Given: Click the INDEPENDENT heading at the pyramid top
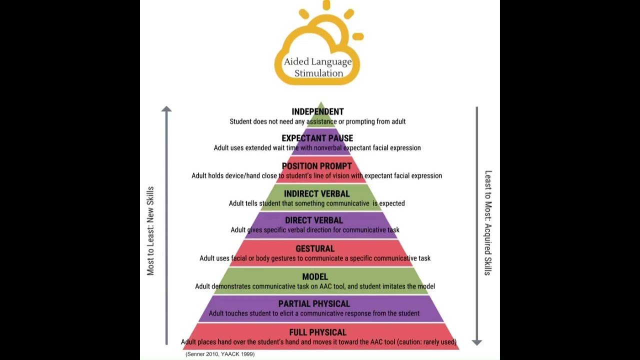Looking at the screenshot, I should (x=317, y=111).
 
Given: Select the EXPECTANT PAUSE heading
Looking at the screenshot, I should (x=317, y=138).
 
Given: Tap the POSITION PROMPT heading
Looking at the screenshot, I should (x=316, y=166).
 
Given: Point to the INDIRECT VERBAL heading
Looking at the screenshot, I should (x=316, y=193).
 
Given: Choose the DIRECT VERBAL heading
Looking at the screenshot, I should (x=314, y=220).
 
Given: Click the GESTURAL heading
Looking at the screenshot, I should (x=315, y=248).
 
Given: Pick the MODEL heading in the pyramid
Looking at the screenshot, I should (x=315, y=276).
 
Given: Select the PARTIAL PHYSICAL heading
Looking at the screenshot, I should (x=314, y=303).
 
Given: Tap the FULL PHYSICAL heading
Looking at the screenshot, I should (x=317, y=332).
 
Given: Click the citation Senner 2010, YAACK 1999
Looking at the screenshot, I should (x=220, y=354).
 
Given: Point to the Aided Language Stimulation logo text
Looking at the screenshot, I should (x=318, y=67).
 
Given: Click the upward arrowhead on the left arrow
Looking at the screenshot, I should (x=166, y=109).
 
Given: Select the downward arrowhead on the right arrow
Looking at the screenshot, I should (x=476, y=342).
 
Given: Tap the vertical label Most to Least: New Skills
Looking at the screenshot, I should (x=150, y=231).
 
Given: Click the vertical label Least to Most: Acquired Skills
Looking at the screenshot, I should (x=488, y=222).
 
